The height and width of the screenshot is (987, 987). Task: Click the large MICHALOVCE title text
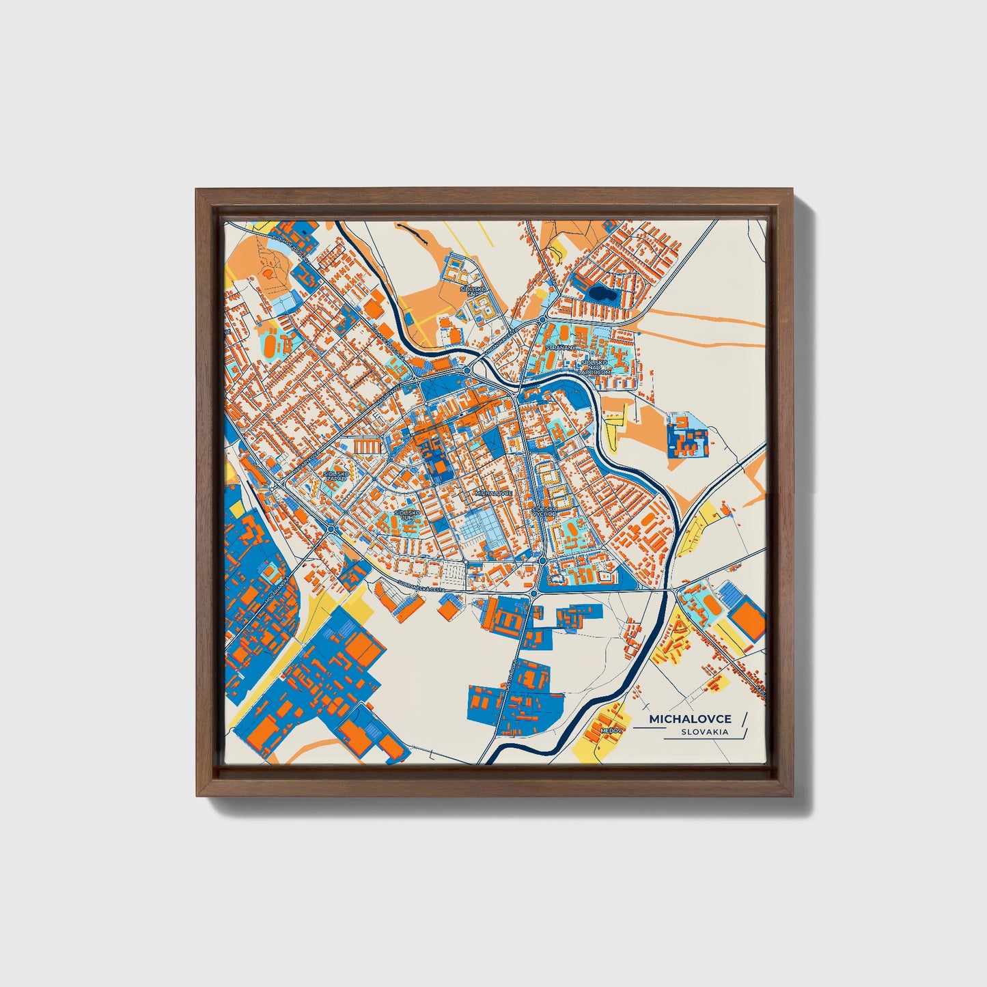tap(690, 719)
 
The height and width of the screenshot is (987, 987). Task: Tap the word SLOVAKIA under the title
tap(704, 732)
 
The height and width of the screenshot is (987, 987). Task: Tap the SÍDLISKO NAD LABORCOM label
tap(591, 367)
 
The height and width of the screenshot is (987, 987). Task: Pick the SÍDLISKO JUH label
tap(408, 514)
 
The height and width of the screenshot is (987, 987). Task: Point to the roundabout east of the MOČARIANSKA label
tap(331, 529)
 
